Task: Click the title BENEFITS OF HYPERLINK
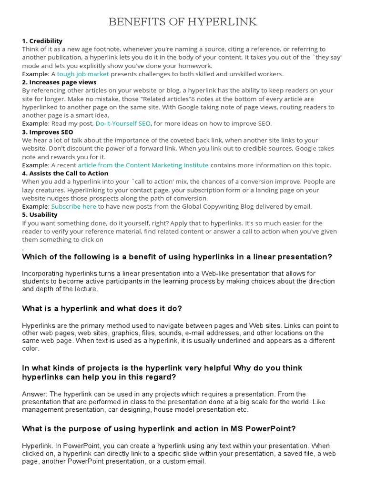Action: pos(183,22)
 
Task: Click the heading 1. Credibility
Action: pos(42,41)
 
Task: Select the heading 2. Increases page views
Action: pos(59,82)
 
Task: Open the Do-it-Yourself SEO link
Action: pos(123,123)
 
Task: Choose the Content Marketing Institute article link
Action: pos(143,165)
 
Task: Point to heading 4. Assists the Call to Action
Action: pos(65,173)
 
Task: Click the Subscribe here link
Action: pos(74,206)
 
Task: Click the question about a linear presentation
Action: pos(177,257)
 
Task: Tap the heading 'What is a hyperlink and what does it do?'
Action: pos(102,309)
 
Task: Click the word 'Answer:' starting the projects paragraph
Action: pos(34,394)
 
